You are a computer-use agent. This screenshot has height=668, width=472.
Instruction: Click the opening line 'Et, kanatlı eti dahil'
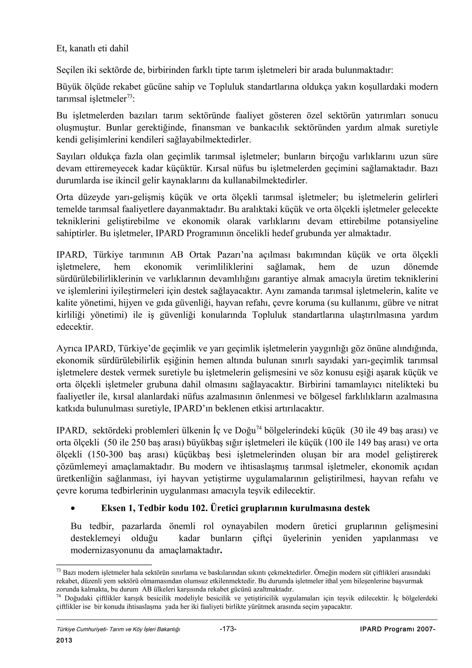pos(92,49)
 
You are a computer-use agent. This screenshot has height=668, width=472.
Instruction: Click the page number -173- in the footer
pos(228,629)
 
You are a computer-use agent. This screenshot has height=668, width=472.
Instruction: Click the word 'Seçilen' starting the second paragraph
pos(69,70)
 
